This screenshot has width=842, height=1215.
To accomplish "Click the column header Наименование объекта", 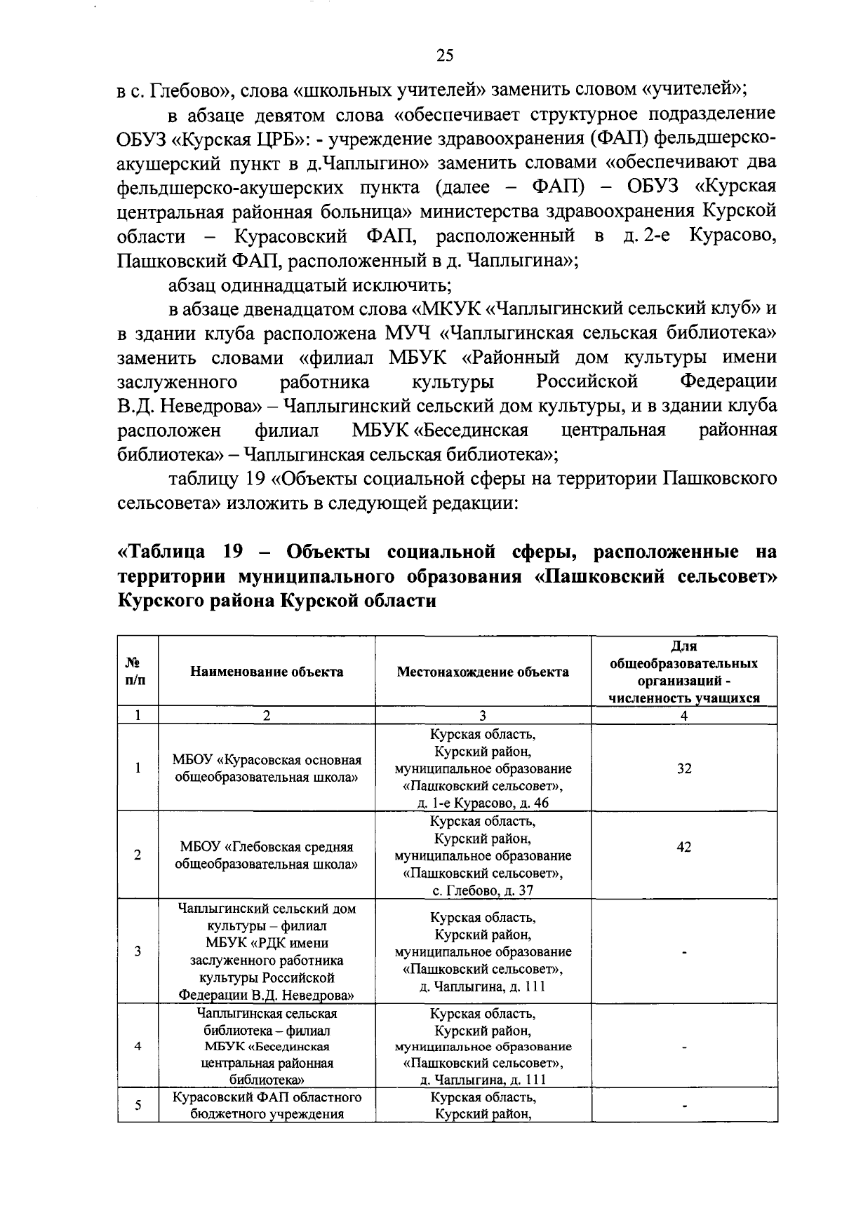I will pyautogui.click(x=267, y=672).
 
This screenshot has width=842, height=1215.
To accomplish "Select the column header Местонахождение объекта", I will pyautogui.click(x=483, y=672).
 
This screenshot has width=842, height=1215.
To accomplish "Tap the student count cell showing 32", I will pyautogui.click(x=684, y=768).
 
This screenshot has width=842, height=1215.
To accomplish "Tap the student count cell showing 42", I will pyautogui.click(x=684, y=846).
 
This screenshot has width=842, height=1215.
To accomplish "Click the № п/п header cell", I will pyautogui.click(x=138, y=672).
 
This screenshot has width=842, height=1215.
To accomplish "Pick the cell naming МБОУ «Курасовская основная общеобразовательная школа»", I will pyautogui.click(x=267, y=768).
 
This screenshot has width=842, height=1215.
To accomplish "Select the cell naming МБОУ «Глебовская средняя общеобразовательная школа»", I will pyautogui.click(x=267, y=855).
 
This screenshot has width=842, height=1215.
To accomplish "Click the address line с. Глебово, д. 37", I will pyautogui.click(x=483, y=890).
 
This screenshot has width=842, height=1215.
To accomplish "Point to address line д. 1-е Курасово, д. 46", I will pyautogui.click(x=483, y=803).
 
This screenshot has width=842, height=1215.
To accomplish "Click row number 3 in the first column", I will pyautogui.click(x=138, y=951).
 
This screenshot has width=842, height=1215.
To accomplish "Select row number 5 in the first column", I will pyautogui.click(x=138, y=1105).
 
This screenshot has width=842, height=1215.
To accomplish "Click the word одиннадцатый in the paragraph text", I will pyautogui.click(x=284, y=285).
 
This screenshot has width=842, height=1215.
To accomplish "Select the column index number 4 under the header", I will pyautogui.click(x=684, y=716).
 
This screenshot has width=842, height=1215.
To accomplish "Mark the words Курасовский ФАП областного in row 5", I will pyautogui.click(x=267, y=1097).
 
